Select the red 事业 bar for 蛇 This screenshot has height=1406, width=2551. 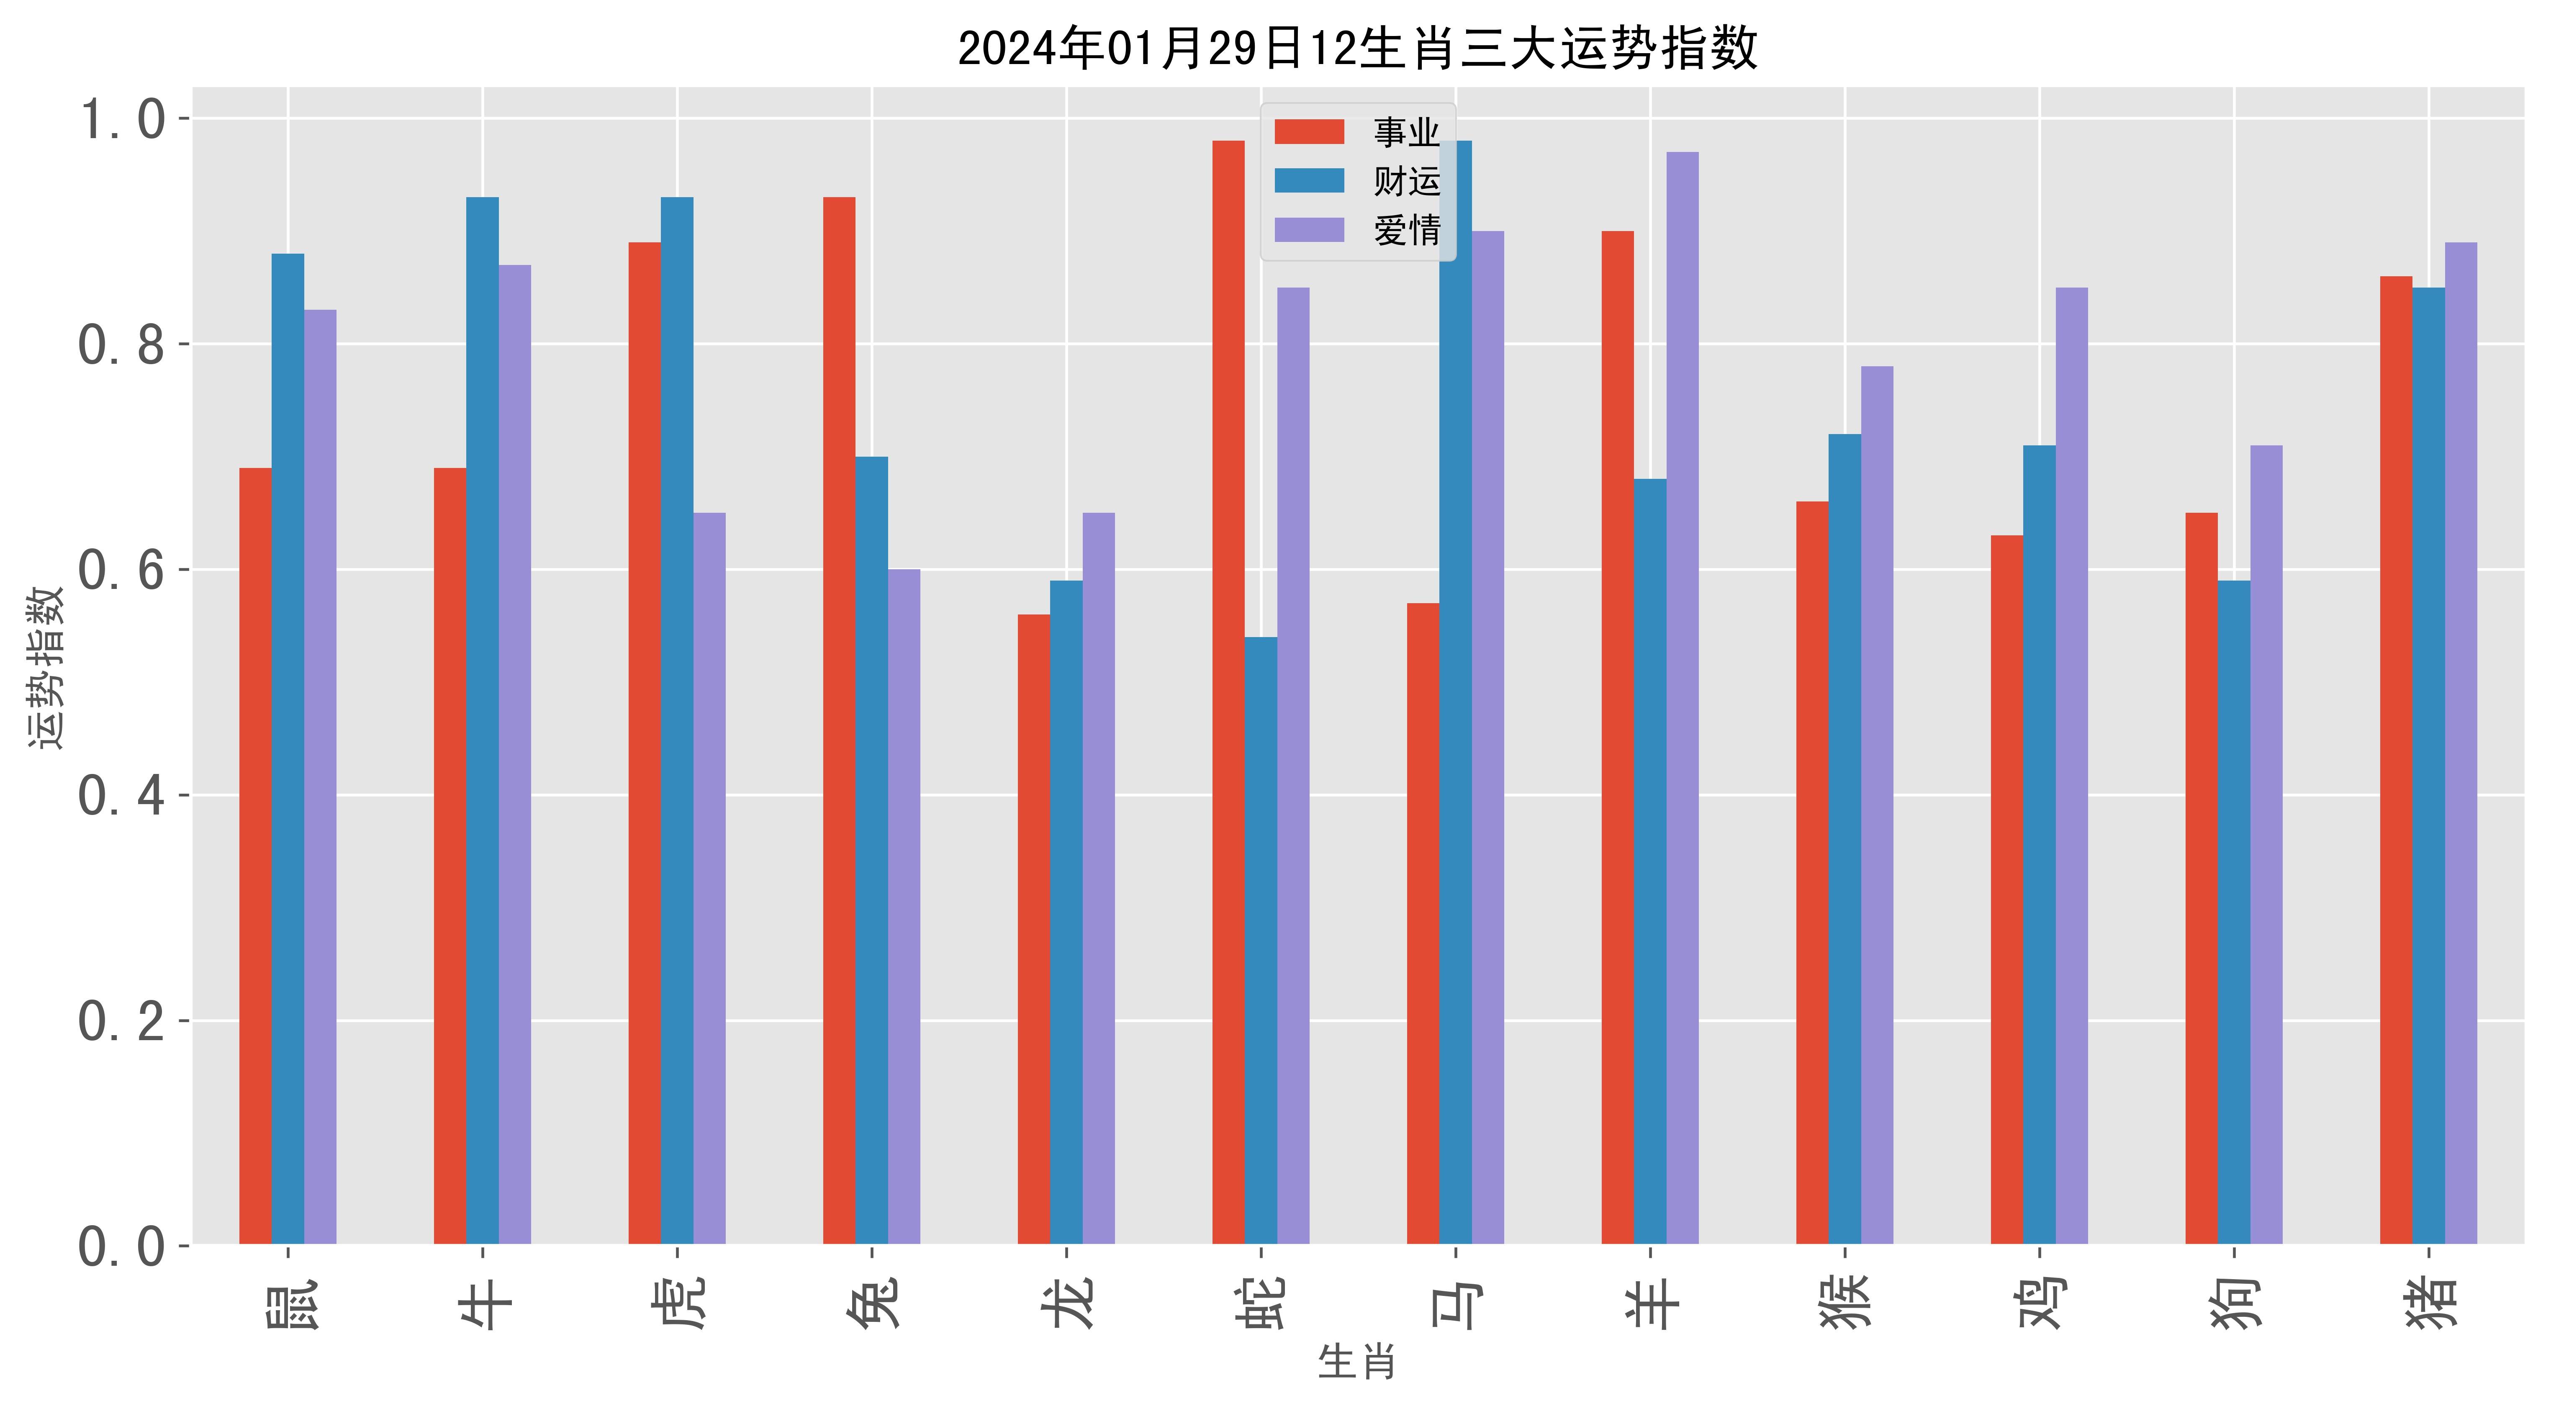(1228, 693)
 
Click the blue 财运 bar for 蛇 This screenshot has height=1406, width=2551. (1261, 941)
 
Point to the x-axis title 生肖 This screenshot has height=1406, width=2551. (1357, 1362)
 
